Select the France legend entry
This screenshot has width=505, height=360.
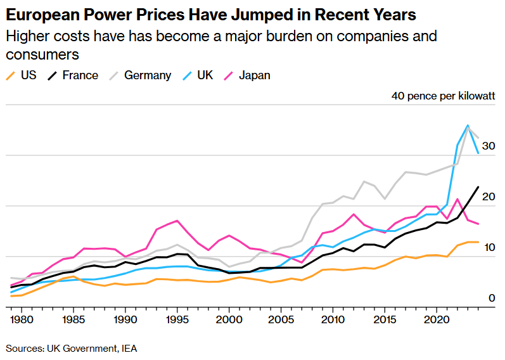coord(73,75)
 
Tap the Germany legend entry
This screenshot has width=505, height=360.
coord(140,75)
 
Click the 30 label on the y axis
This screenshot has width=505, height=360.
coord(488,146)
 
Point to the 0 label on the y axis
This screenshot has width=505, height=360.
coord(491,298)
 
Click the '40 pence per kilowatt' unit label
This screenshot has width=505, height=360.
coord(443,96)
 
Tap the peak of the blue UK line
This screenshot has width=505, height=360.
coord(468,125)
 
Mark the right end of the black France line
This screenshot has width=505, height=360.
coord(478,187)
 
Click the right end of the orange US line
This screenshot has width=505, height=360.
coord(478,242)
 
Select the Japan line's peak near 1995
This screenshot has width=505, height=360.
coord(177,221)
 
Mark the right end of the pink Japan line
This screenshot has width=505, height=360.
coord(478,224)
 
